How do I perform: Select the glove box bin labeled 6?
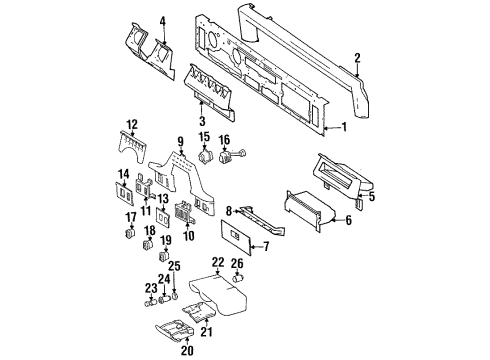coord(314,209)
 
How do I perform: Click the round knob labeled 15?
coord(206,157)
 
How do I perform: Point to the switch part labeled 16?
coord(242,155)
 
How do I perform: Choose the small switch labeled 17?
coord(130,235)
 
